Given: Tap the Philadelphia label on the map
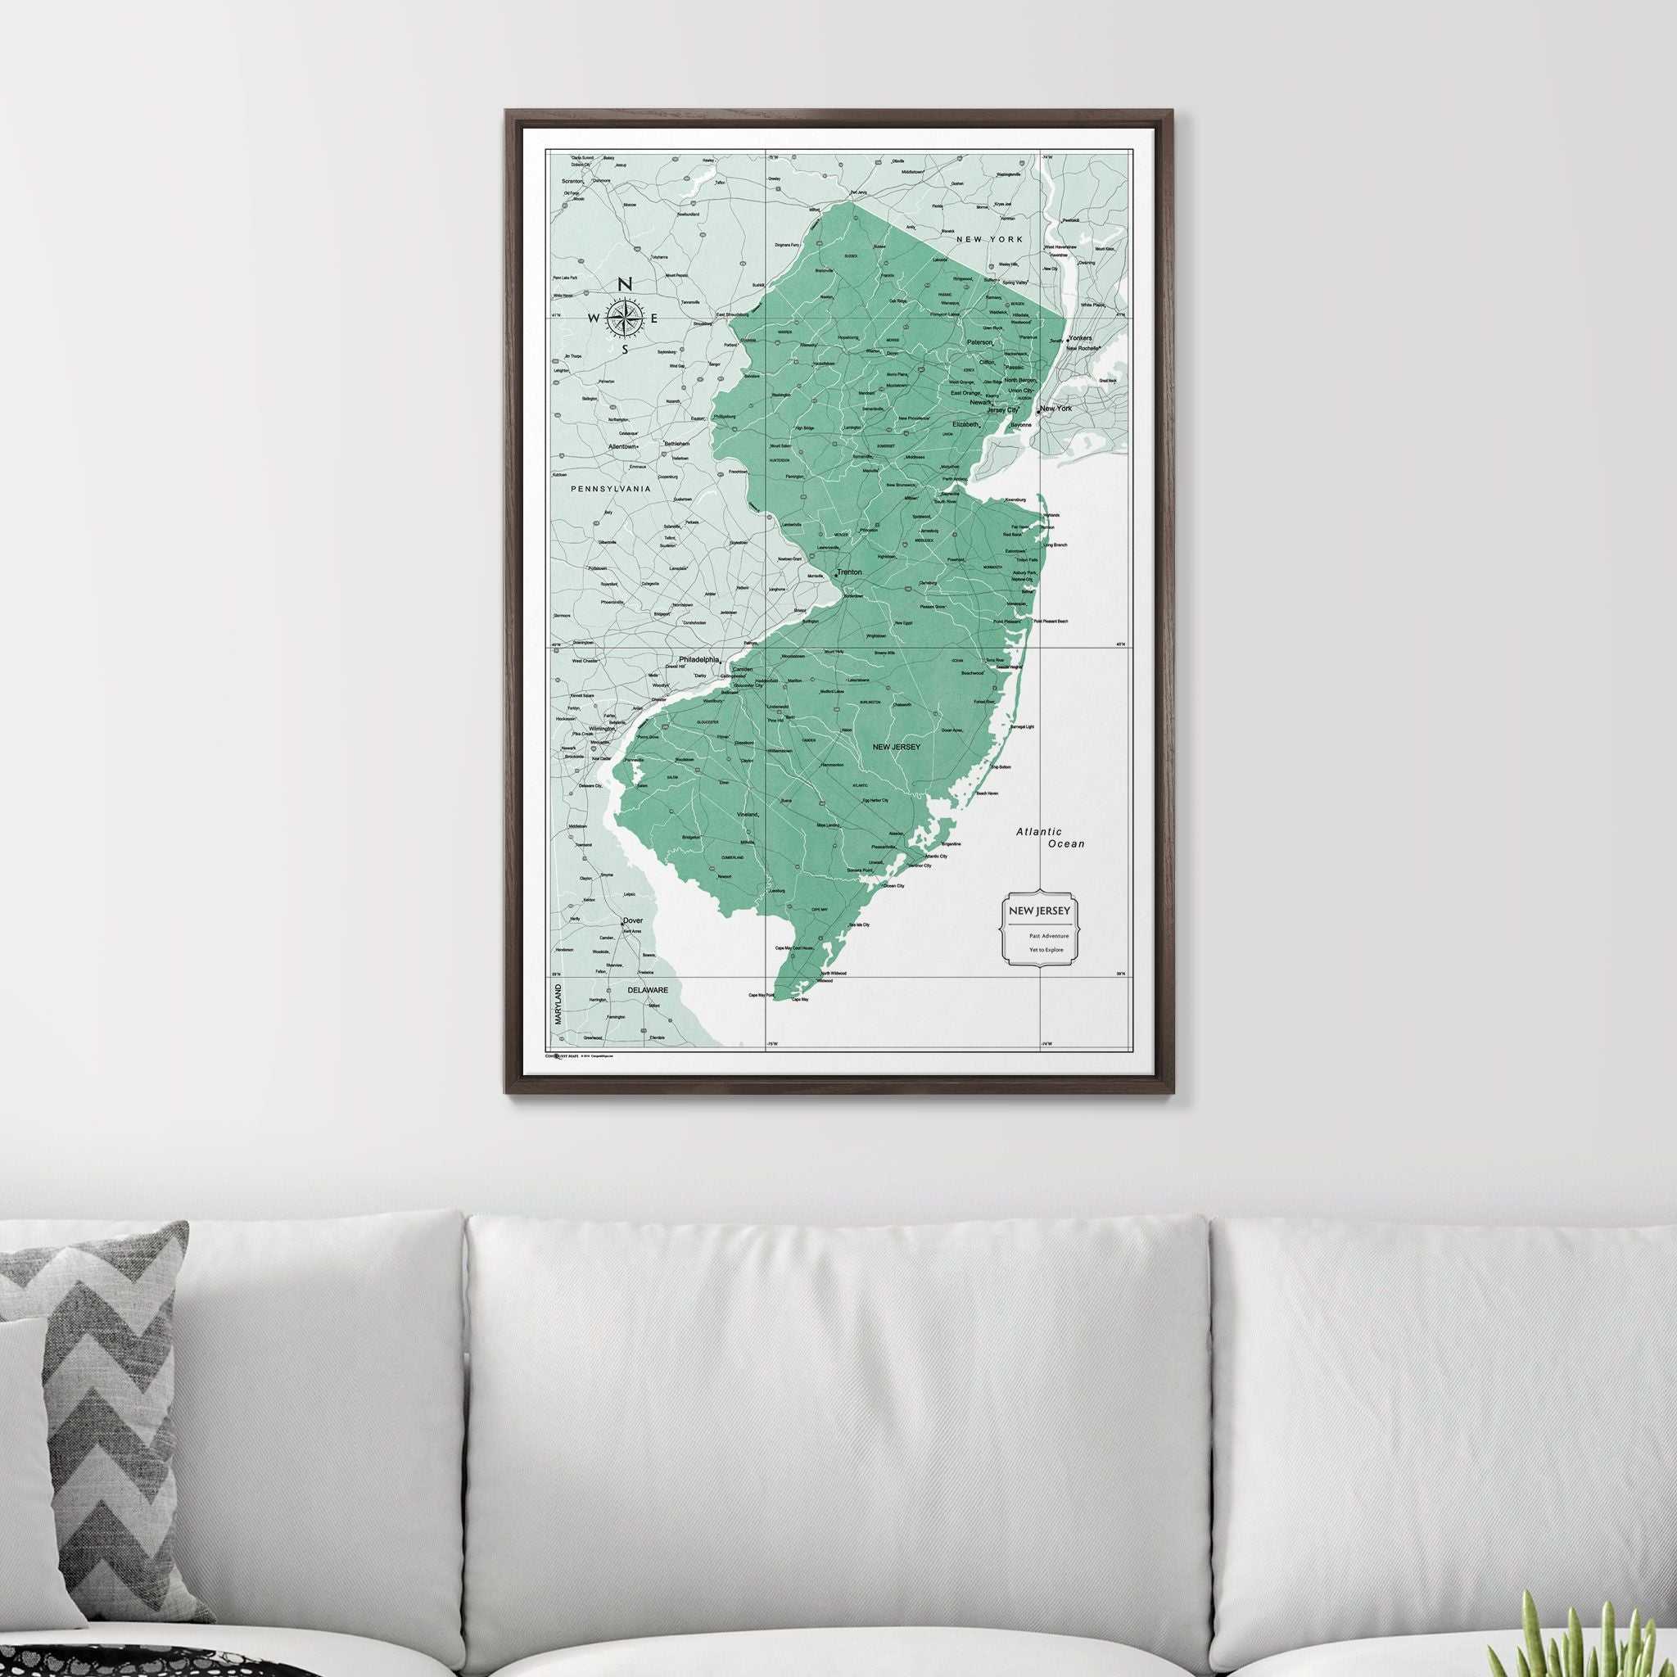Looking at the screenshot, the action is [699, 660].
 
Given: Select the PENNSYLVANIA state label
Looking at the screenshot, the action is [610, 490].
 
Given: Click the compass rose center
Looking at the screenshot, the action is [624, 319].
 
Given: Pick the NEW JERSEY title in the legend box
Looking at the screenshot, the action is [1037, 911].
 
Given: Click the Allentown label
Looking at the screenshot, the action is [622, 446].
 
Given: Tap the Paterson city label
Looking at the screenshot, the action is [980, 343].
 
